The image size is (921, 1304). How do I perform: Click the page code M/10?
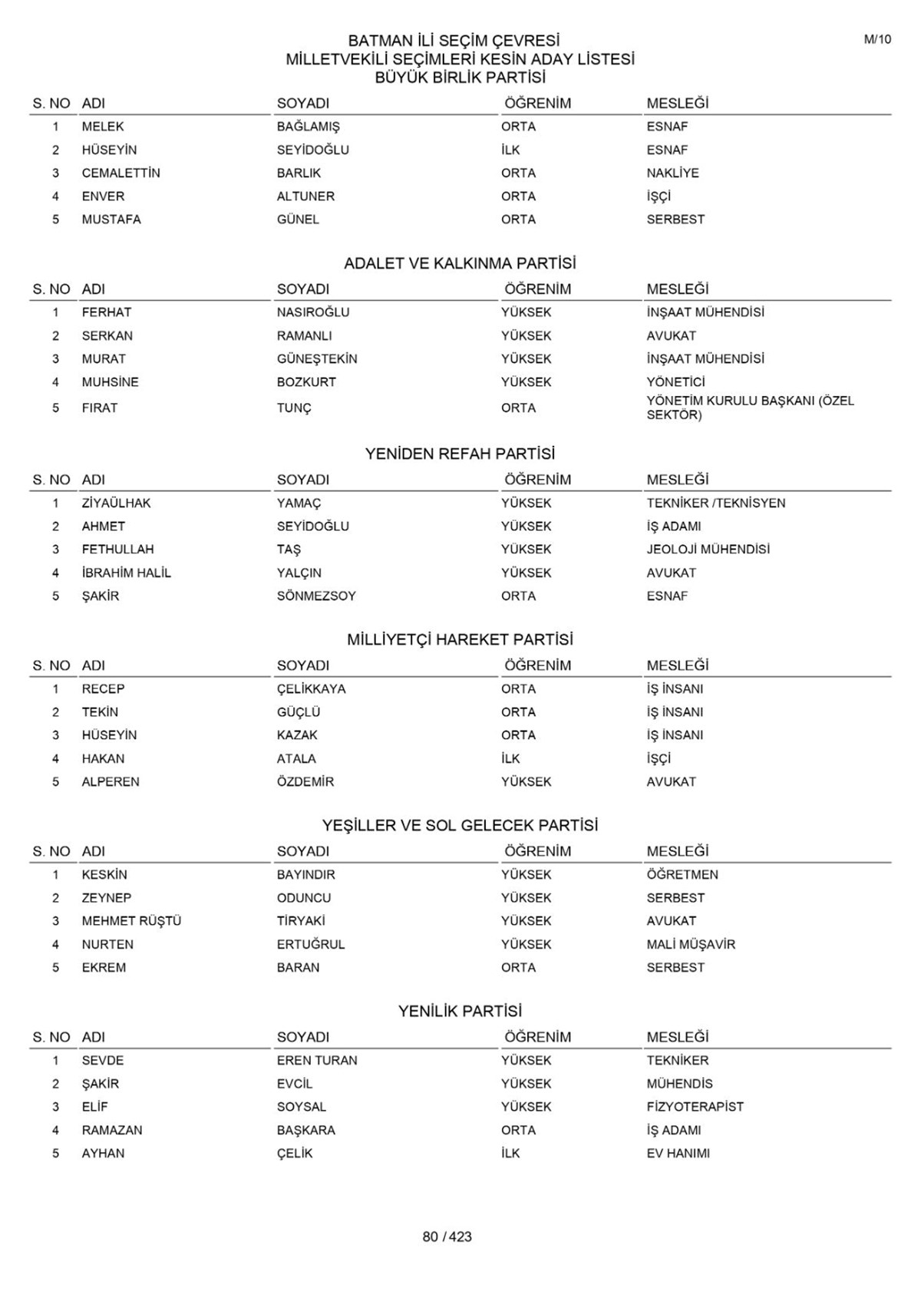[877, 39]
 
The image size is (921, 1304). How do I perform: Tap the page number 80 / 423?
[447, 1236]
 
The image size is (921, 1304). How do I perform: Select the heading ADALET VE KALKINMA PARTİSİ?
[460, 263]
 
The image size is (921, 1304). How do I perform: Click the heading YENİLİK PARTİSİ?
[460, 1011]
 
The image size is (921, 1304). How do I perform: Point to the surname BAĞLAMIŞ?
[308, 127]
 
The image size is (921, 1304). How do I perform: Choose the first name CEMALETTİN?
[120, 173]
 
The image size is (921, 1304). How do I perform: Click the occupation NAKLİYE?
[672, 173]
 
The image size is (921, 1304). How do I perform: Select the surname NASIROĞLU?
[312, 312]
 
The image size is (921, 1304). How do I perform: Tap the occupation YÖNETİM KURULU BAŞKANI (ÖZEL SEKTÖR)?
[749, 408]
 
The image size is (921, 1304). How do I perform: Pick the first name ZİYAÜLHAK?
[116, 503]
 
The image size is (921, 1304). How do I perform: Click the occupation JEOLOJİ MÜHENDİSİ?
[708, 549]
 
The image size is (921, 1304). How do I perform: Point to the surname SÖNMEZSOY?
[316, 596]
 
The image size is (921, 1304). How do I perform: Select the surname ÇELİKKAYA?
[311, 688]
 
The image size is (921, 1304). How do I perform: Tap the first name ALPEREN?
[111, 781]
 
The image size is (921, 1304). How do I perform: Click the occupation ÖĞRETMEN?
[682, 874]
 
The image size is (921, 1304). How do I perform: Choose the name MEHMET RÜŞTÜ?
[131, 920]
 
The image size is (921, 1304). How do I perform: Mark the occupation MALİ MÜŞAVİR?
[691, 944]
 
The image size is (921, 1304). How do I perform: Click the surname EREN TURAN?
[317, 1060]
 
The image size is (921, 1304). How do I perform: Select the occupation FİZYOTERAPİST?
[695, 1106]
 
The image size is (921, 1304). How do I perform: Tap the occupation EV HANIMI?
[678, 1153]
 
